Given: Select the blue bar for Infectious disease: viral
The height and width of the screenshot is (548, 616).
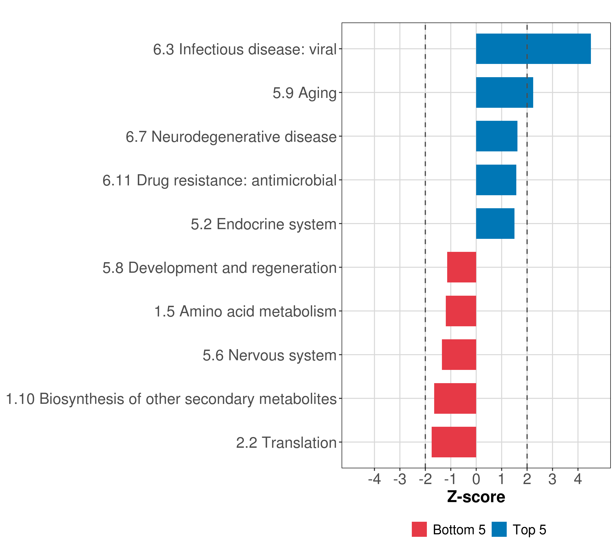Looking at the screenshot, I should coord(533,49).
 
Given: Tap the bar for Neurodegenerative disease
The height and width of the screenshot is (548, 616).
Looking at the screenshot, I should coord(496,136).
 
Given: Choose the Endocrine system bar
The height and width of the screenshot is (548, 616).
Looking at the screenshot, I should coord(495,224).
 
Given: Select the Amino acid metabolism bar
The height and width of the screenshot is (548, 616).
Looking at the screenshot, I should coord(461,311).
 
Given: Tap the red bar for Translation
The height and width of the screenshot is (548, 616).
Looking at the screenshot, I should coord(454,442).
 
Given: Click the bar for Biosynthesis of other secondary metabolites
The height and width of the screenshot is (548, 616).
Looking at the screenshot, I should coord(455,398).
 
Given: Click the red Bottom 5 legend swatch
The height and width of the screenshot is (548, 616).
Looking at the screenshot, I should coord(419,529).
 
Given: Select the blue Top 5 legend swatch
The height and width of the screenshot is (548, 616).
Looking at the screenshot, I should coord(499,529).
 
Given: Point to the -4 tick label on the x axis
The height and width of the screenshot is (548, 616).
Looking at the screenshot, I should coord(374,479).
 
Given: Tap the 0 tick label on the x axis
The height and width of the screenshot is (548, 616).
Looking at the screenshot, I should coord(476,479).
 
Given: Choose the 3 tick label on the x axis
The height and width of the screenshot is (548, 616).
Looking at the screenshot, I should coord(552,479).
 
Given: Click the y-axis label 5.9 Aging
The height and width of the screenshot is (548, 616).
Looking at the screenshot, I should coord(304,93).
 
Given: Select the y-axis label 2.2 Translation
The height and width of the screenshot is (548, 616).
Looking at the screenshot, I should coord(286,443).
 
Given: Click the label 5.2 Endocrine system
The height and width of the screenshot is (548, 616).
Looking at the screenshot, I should coord(264,224).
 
